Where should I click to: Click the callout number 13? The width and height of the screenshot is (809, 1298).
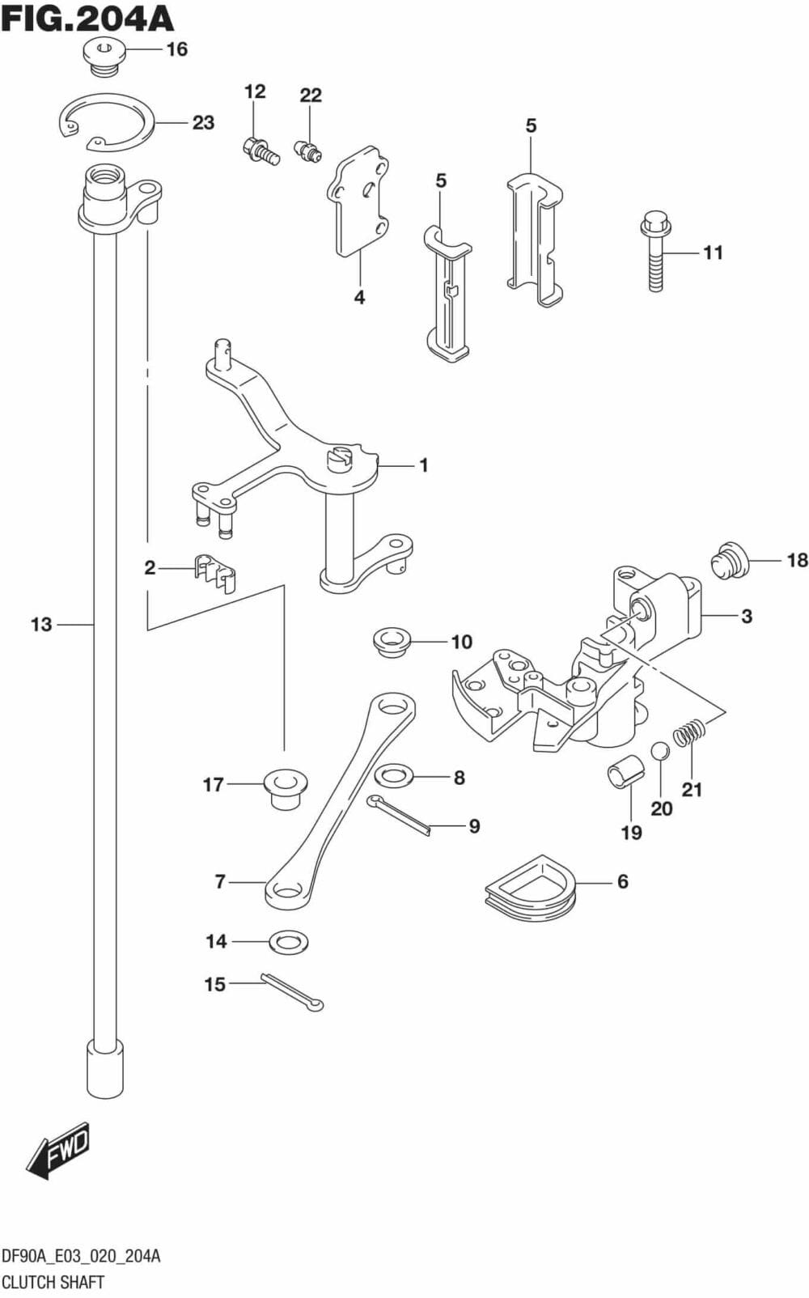pyautogui.click(x=40, y=625)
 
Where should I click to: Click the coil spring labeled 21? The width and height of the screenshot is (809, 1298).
pyautogui.click(x=690, y=734)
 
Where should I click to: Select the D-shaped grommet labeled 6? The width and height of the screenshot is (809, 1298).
pyautogui.click(x=530, y=888)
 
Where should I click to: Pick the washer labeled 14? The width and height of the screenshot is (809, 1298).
pyautogui.click(x=289, y=942)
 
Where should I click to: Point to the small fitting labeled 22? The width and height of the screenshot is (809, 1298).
pyautogui.click(x=308, y=149)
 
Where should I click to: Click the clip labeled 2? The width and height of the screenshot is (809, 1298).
pyautogui.click(x=214, y=572)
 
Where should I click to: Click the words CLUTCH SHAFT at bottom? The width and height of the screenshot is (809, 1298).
pyautogui.click(x=53, y=1282)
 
